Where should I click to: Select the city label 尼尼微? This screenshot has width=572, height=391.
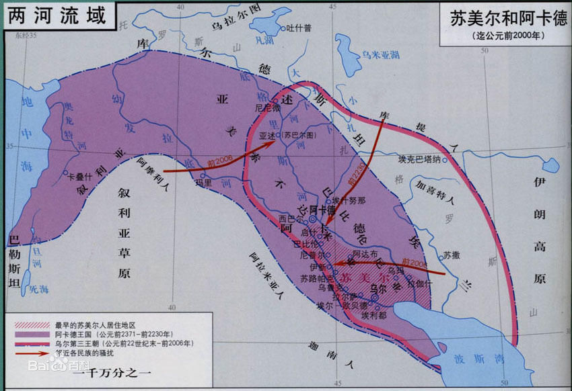[x=267, y=107]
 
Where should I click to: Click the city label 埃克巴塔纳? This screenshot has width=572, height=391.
[x=419, y=159]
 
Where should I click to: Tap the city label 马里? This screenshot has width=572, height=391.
[x=203, y=182]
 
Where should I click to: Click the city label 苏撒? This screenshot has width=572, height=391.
[x=450, y=256]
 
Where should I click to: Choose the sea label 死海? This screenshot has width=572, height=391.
[x=38, y=290]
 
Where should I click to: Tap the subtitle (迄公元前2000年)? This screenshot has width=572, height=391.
[x=505, y=36]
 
